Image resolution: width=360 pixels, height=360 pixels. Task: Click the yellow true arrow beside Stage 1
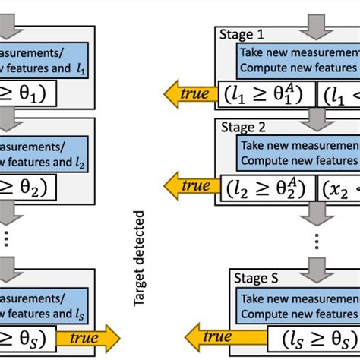[188, 95]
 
